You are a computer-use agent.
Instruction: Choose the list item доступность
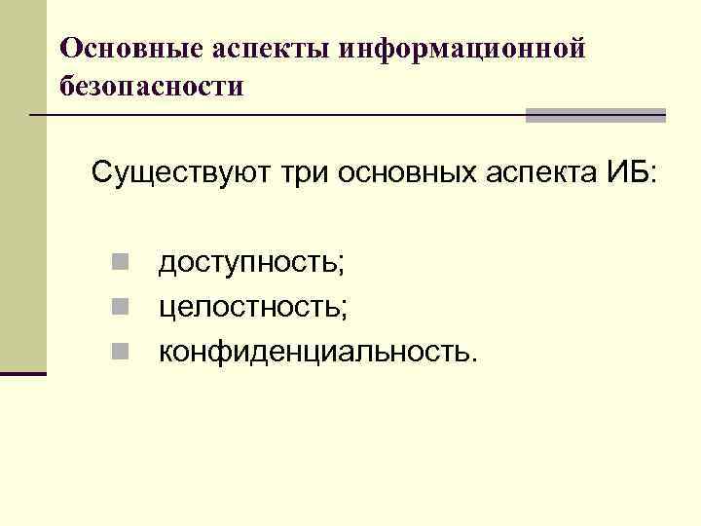click(x=253, y=263)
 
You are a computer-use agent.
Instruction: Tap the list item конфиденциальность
click(x=318, y=351)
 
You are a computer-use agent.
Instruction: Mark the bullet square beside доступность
click(x=118, y=263)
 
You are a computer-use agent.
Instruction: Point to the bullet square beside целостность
click(x=118, y=307)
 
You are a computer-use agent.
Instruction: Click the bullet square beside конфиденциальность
click(x=118, y=351)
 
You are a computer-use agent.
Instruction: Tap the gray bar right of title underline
click(x=595, y=115)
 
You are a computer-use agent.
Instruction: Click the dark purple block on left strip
click(x=22, y=373)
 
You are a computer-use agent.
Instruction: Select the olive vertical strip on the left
click(x=22, y=195)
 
